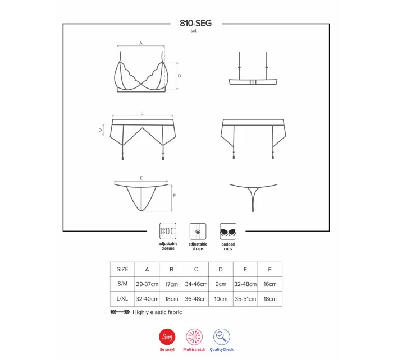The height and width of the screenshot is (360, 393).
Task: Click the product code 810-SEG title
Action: click(x=195, y=23)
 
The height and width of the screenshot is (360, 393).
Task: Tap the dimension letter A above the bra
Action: click(x=141, y=43)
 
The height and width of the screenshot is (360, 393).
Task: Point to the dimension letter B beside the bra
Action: click(x=179, y=76)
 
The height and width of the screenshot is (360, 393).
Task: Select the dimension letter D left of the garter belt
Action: click(x=100, y=130)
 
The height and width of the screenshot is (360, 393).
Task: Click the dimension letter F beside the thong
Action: click(x=175, y=196)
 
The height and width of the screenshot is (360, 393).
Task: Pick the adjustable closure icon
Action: click(x=168, y=231)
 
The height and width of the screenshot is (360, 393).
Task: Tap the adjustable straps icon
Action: click(x=198, y=232)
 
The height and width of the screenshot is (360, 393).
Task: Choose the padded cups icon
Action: click(x=228, y=232)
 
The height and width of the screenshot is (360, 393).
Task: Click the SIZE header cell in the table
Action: click(x=122, y=269)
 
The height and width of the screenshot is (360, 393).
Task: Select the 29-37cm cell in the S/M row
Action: click(x=147, y=284)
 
